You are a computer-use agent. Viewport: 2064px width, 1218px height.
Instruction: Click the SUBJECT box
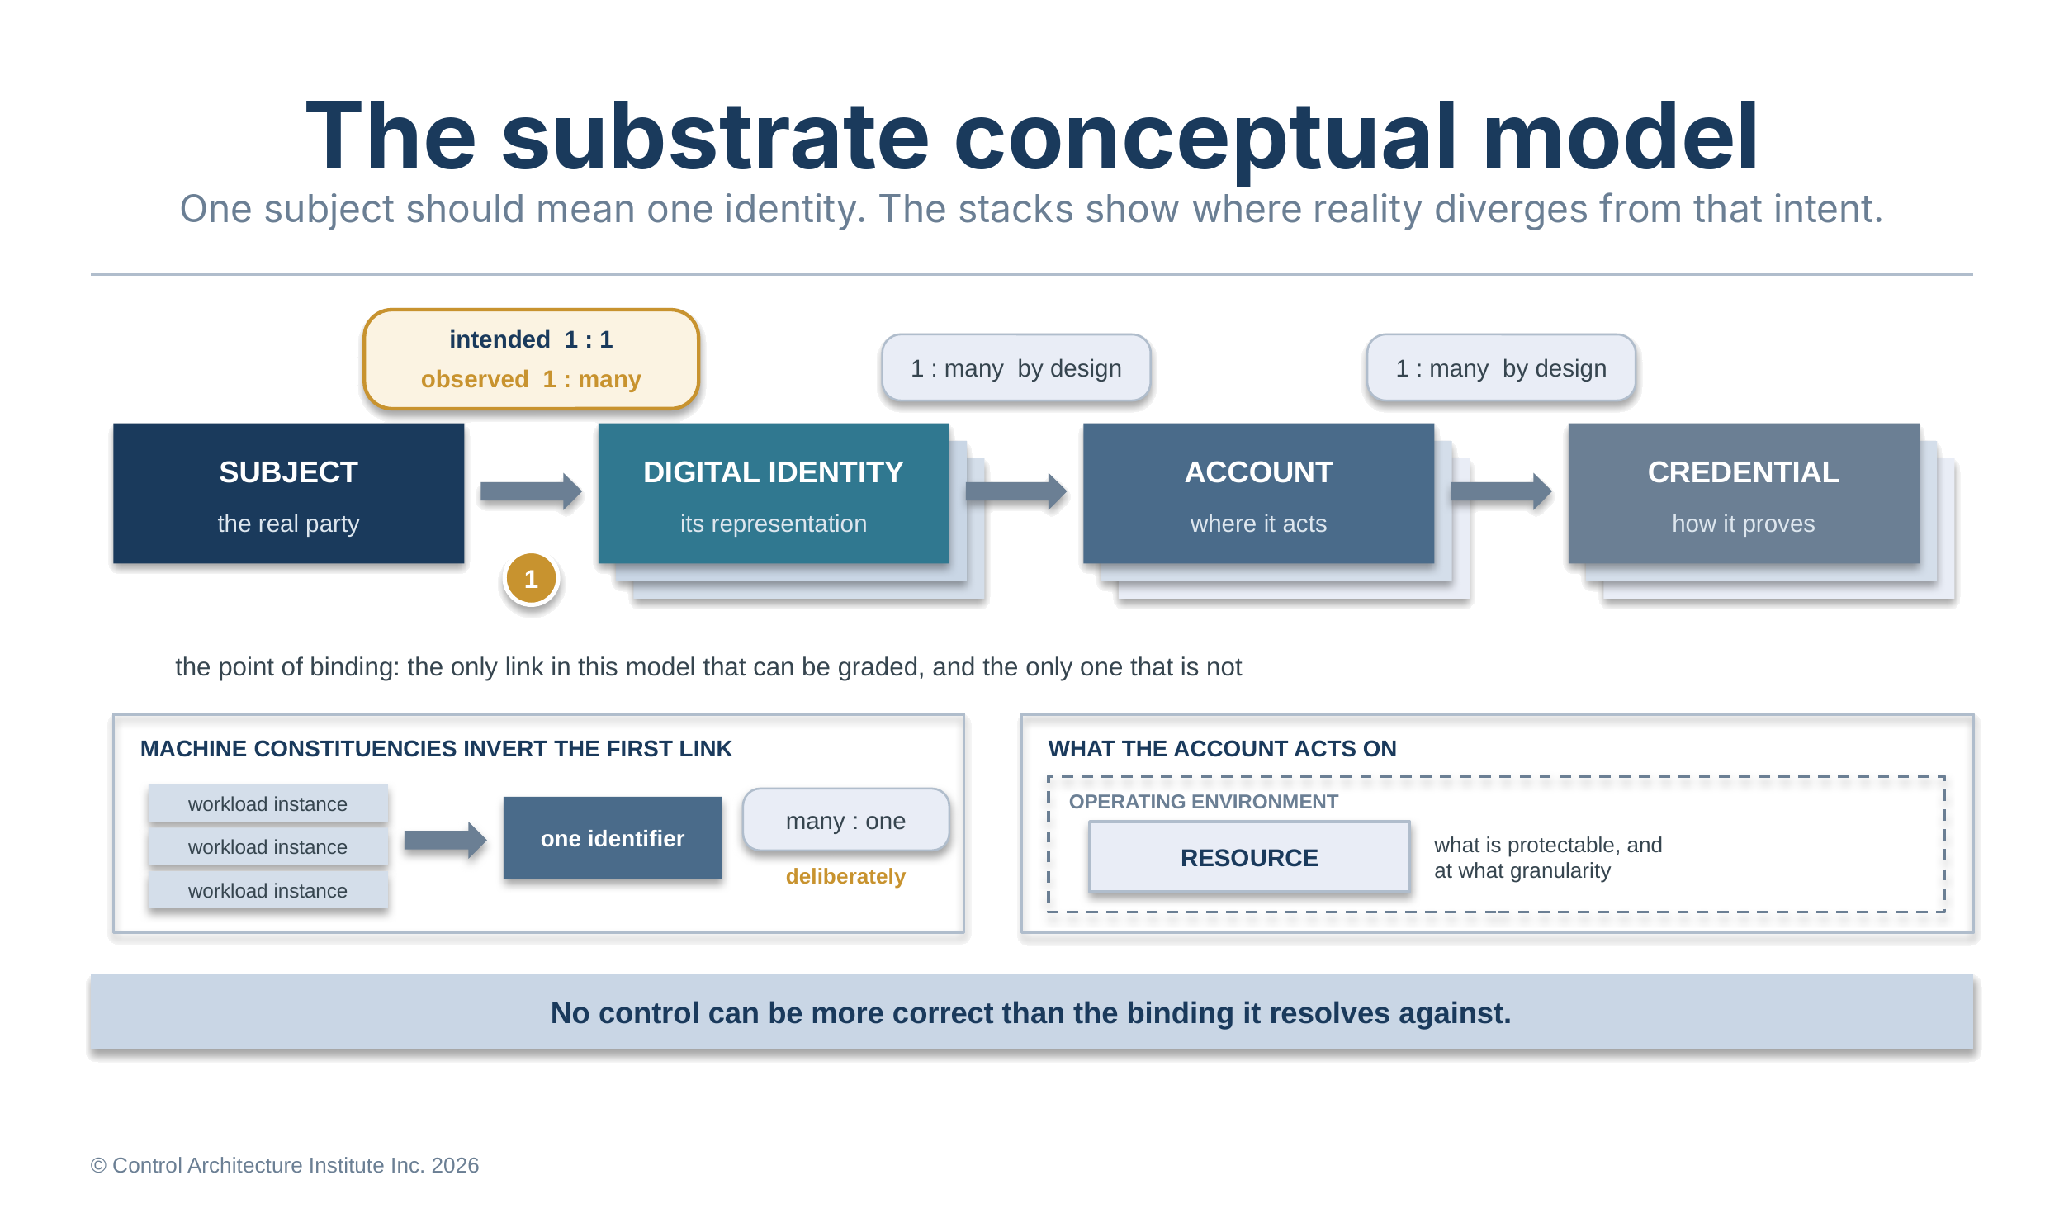(288, 494)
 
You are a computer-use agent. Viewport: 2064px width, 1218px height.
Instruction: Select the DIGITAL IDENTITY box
(774, 494)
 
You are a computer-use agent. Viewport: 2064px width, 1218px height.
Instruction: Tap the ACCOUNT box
(1258, 494)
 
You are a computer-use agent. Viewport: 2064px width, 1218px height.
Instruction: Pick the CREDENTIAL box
(1744, 494)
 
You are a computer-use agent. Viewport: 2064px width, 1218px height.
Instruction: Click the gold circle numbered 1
(531, 579)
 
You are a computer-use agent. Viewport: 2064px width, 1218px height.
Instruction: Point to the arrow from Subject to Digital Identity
(531, 492)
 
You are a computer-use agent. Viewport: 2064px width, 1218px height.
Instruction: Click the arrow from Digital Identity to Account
(1016, 492)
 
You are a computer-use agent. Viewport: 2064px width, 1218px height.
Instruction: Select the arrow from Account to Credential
(1501, 492)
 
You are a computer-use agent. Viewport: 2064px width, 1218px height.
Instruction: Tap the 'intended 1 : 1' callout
(531, 359)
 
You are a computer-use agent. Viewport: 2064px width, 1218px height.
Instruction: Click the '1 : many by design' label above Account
(1016, 368)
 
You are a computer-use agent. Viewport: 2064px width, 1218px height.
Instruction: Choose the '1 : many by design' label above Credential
(1501, 368)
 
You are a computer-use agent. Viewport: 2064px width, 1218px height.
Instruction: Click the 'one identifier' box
(613, 838)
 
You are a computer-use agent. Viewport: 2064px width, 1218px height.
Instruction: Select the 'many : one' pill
(845, 821)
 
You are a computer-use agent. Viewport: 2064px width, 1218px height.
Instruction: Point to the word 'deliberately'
(845, 876)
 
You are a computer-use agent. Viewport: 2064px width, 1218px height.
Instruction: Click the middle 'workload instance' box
(267, 847)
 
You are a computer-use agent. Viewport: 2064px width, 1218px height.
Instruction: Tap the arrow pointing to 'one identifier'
(445, 841)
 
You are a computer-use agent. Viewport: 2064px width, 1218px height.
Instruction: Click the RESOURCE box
(1249, 857)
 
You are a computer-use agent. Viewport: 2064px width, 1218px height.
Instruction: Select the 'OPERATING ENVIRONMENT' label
(1203, 802)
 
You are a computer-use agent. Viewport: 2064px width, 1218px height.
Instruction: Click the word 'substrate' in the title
(715, 137)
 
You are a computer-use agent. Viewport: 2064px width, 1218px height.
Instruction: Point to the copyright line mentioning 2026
(285, 1165)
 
